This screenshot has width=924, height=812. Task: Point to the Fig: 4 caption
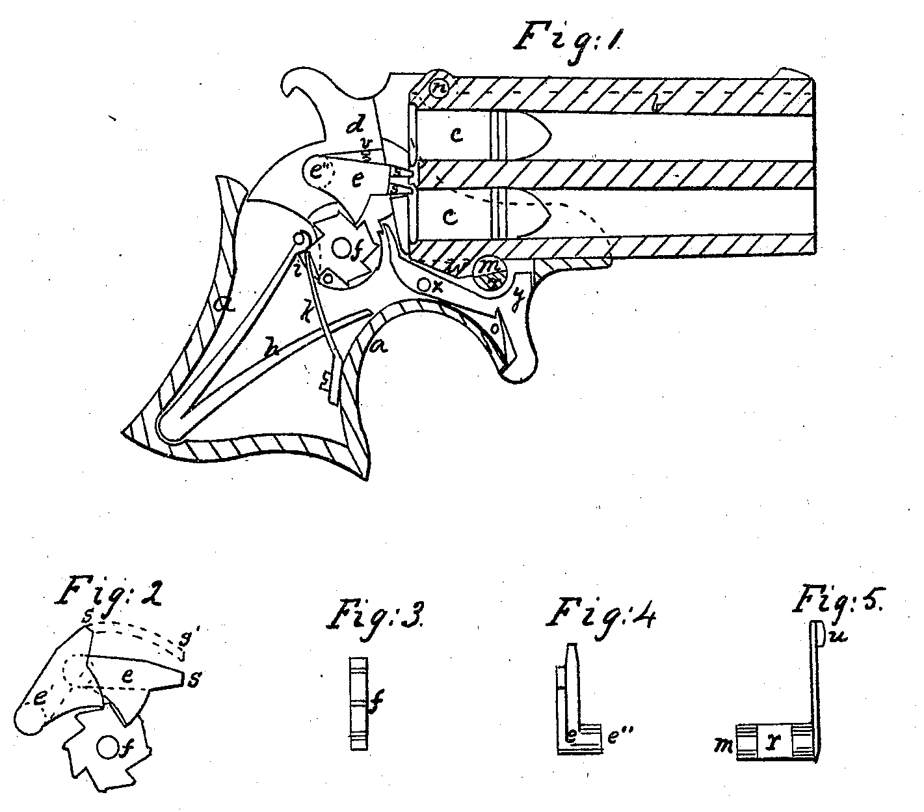599,614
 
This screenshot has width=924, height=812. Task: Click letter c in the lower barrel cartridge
451,216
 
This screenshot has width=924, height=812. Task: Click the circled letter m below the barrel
486,266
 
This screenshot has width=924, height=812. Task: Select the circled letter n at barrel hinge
440,86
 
